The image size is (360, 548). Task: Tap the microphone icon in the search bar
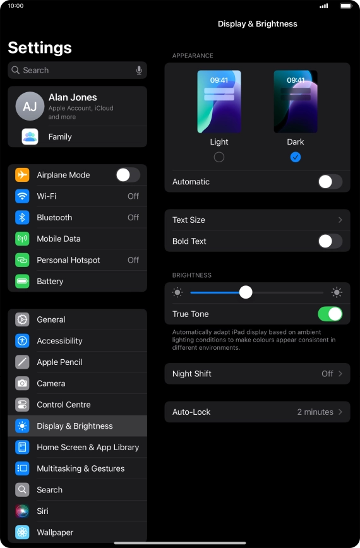(139, 70)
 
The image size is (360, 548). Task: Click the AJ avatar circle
(30, 106)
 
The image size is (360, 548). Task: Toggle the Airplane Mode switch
(128, 175)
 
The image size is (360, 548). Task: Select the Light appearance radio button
(219, 157)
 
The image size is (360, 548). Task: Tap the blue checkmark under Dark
(296, 157)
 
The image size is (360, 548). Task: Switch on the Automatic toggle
(330, 182)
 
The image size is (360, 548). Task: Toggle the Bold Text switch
(330, 241)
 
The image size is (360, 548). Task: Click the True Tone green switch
(330, 314)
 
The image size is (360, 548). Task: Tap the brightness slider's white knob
(246, 292)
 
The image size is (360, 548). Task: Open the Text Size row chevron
(340, 220)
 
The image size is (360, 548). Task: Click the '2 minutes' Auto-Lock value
(315, 412)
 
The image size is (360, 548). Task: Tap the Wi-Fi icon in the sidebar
(22, 196)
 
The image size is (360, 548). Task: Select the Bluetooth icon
(22, 217)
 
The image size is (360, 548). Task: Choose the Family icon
(30, 136)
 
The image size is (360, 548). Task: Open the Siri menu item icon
(22, 511)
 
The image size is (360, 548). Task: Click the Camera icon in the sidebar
(22, 383)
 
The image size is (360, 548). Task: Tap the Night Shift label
(192, 374)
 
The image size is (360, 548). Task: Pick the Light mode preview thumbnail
(219, 102)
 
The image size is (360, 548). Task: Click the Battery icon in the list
(22, 282)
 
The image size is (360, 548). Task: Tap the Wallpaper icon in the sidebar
(22, 532)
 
